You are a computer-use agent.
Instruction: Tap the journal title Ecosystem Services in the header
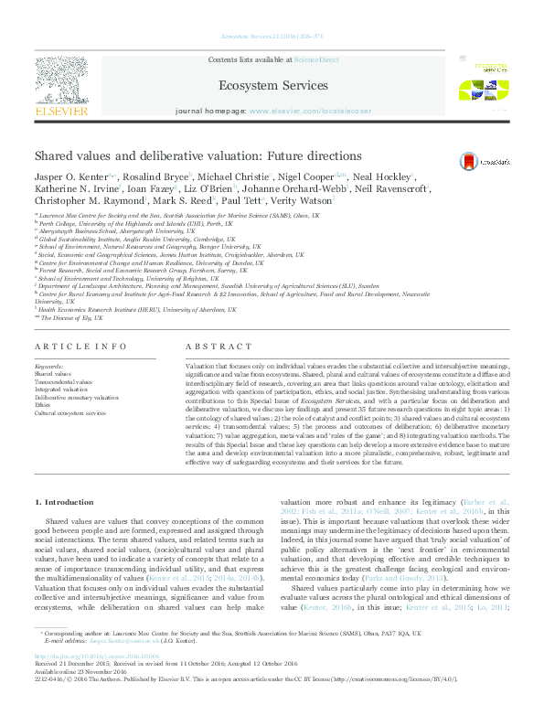pyautogui.click(x=272, y=84)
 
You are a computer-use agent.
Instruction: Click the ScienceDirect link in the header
pyautogui.click(x=315, y=59)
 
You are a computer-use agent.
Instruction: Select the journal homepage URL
pyautogui.click(x=310, y=111)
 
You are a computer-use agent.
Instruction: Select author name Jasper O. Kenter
pyautogui.click(x=69, y=176)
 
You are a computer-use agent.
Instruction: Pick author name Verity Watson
pyautogui.click(x=302, y=199)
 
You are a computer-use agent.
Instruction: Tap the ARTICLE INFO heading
pyautogui.click(x=80, y=347)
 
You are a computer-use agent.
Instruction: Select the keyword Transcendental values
pyautogui.click(x=63, y=381)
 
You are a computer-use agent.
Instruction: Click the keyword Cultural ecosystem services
pyautogui.click(x=71, y=414)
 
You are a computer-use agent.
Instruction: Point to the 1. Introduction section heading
pyautogui.click(x=63, y=503)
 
